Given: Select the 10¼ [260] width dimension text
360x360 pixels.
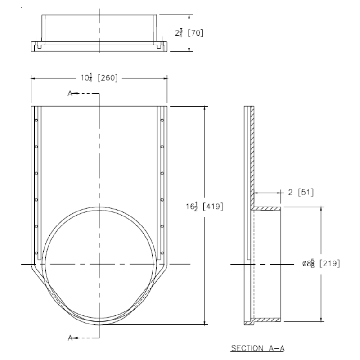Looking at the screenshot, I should coord(99,78).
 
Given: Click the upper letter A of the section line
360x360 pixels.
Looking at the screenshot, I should coord(69,94).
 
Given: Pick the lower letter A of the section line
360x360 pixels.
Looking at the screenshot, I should coord(69,337).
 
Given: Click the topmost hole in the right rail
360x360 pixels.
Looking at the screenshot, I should coord(162,121).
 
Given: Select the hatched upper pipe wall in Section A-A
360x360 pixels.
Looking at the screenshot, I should coord(267,209).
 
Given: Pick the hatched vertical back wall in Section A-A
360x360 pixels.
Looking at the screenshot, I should coord(252,153).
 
